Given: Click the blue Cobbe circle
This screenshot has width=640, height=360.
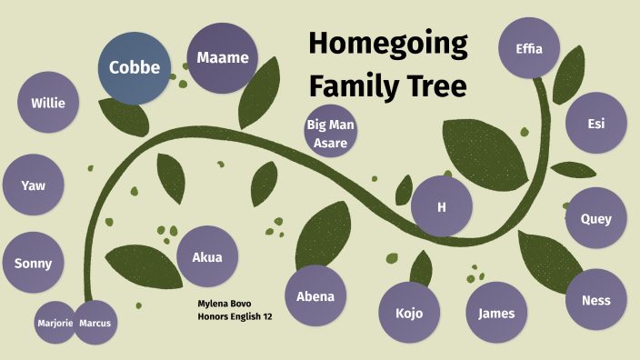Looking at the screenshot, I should click(x=135, y=67).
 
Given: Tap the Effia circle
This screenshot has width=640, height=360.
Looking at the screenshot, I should click(x=528, y=48).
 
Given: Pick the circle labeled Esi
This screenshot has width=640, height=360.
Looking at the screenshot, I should click(x=595, y=123).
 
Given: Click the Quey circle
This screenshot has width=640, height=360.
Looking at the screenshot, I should click(x=595, y=218).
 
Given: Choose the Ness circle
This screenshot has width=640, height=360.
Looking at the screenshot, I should click(x=595, y=299).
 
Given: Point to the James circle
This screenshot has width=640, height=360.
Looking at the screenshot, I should click(x=496, y=313).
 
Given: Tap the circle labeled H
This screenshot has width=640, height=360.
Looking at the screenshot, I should click(x=442, y=206).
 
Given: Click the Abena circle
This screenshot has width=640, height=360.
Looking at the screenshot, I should click(x=315, y=295).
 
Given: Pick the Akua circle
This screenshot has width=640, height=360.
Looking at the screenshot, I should click(x=207, y=256).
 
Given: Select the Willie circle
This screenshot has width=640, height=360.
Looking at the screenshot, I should click(x=47, y=103).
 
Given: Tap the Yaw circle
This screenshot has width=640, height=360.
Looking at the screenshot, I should click(x=34, y=185).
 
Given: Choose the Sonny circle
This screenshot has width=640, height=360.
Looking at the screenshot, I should click(x=34, y=264).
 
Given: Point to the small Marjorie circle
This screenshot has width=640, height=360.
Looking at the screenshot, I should click(x=55, y=323).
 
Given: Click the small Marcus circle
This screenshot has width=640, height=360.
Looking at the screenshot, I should click(x=95, y=323).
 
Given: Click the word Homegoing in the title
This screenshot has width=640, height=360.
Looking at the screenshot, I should click(x=387, y=43).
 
